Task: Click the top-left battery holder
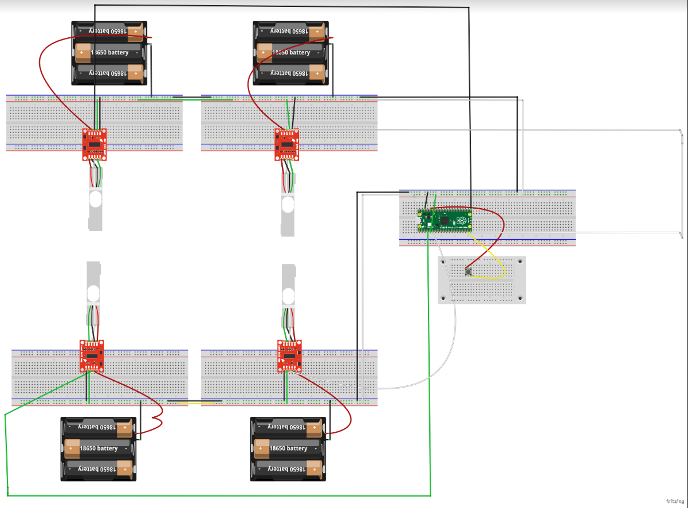point(109,53)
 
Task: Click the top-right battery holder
point(290,53)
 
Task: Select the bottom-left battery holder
point(99,449)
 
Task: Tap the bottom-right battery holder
point(288,449)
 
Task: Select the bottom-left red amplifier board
point(92,355)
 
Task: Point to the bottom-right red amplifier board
point(290,355)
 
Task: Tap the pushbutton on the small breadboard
point(469,271)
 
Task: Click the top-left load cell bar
point(95,206)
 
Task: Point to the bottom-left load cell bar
point(93,287)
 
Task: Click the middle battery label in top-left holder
point(109,53)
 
